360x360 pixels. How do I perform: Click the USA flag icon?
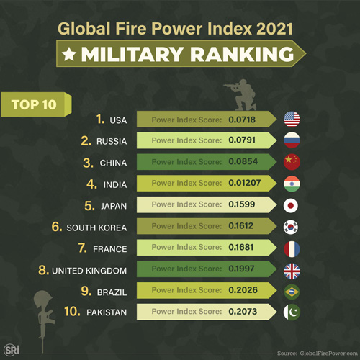point(292,119)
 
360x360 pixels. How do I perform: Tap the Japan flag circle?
point(292,205)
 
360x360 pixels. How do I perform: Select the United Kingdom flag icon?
point(292,270)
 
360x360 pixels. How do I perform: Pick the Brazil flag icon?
point(292,292)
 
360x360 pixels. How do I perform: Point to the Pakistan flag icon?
point(292,312)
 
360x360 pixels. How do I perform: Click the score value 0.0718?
point(243,119)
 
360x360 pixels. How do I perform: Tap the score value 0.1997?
point(243,270)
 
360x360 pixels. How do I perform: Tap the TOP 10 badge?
point(34,103)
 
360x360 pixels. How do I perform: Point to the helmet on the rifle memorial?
point(41,298)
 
